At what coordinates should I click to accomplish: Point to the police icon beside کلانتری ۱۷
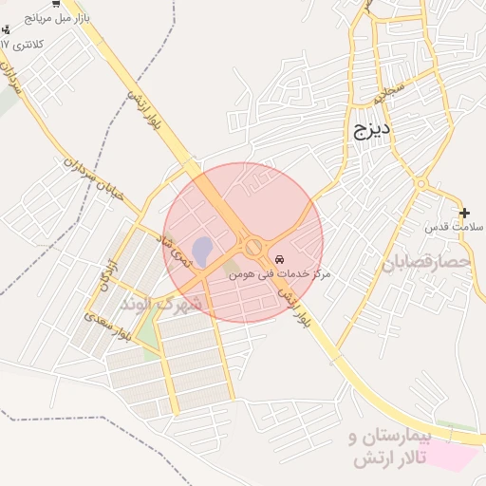pyautogui.click(x=6, y=29)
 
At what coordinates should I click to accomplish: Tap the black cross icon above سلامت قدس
pyautogui.click(x=463, y=213)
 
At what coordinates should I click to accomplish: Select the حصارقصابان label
pyautogui.click(x=426, y=262)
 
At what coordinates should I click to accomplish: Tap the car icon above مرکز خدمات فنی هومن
pyautogui.click(x=278, y=258)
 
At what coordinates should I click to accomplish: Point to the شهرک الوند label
pyautogui.click(x=162, y=304)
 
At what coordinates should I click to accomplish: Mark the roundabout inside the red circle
pyautogui.click(x=253, y=247)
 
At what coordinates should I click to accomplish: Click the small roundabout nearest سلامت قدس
pyautogui.click(x=421, y=183)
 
